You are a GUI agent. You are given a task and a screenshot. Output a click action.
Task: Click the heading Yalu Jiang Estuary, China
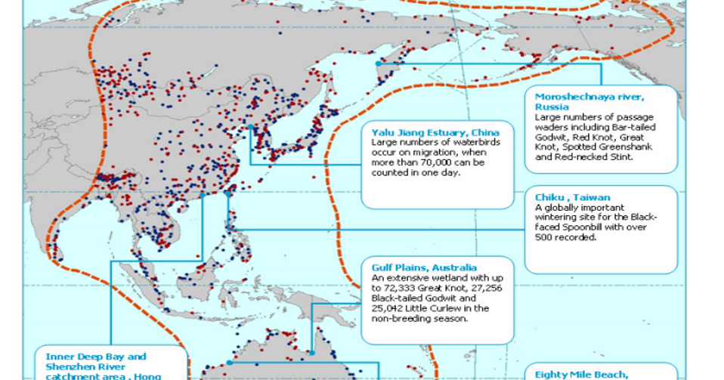(425, 133)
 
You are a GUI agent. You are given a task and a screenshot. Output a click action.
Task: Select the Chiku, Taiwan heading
(572, 198)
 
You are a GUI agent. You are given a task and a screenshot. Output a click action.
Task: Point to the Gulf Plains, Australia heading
(424, 267)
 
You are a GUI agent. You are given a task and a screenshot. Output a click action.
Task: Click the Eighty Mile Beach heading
(581, 374)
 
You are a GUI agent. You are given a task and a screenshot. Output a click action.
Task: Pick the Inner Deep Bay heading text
(96, 356)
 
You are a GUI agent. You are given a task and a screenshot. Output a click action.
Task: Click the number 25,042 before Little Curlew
(390, 308)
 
